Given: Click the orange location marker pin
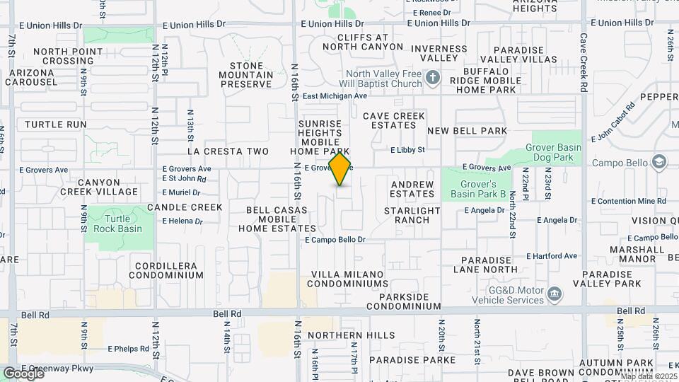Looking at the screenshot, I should [x=340, y=169].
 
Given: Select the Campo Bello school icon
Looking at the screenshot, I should [x=660, y=163].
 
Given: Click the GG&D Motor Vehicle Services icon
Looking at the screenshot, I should [x=555, y=293].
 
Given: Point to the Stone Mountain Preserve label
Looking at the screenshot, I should [x=246, y=75].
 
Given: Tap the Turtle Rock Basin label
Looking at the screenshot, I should [x=118, y=224].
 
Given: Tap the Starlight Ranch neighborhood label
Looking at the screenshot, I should [x=417, y=215].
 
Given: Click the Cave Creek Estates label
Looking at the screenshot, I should [x=394, y=120].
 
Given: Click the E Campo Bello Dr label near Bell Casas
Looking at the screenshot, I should [x=335, y=240].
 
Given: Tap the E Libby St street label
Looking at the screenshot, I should [x=407, y=150].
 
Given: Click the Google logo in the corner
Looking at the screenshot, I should [x=23, y=373].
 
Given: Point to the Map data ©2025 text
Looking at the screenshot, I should [x=648, y=376].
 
